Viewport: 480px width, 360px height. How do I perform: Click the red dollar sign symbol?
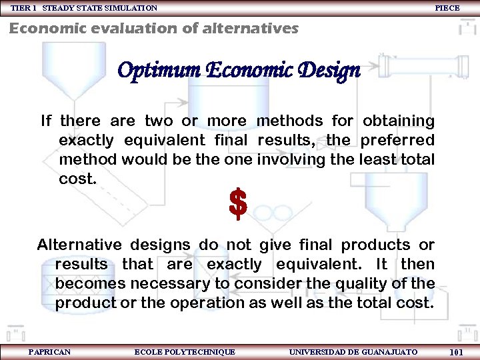pyautogui.click(x=238, y=204)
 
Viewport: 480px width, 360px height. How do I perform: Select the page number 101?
pyautogui.click(x=457, y=352)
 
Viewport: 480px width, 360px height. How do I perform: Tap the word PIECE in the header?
pyautogui.click(x=447, y=8)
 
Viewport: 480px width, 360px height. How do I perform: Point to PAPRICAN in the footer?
pyautogui.click(x=49, y=351)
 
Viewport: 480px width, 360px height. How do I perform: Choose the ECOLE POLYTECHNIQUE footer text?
pyautogui.click(x=185, y=351)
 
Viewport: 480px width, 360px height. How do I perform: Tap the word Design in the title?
pyautogui.click(x=330, y=70)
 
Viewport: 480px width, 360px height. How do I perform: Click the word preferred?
pyautogui.click(x=397, y=141)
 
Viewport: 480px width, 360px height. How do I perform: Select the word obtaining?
pyautogui.click(x=398, y=121)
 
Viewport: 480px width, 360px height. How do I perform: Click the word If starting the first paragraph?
pyautogui.click(x=46, y=121)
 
